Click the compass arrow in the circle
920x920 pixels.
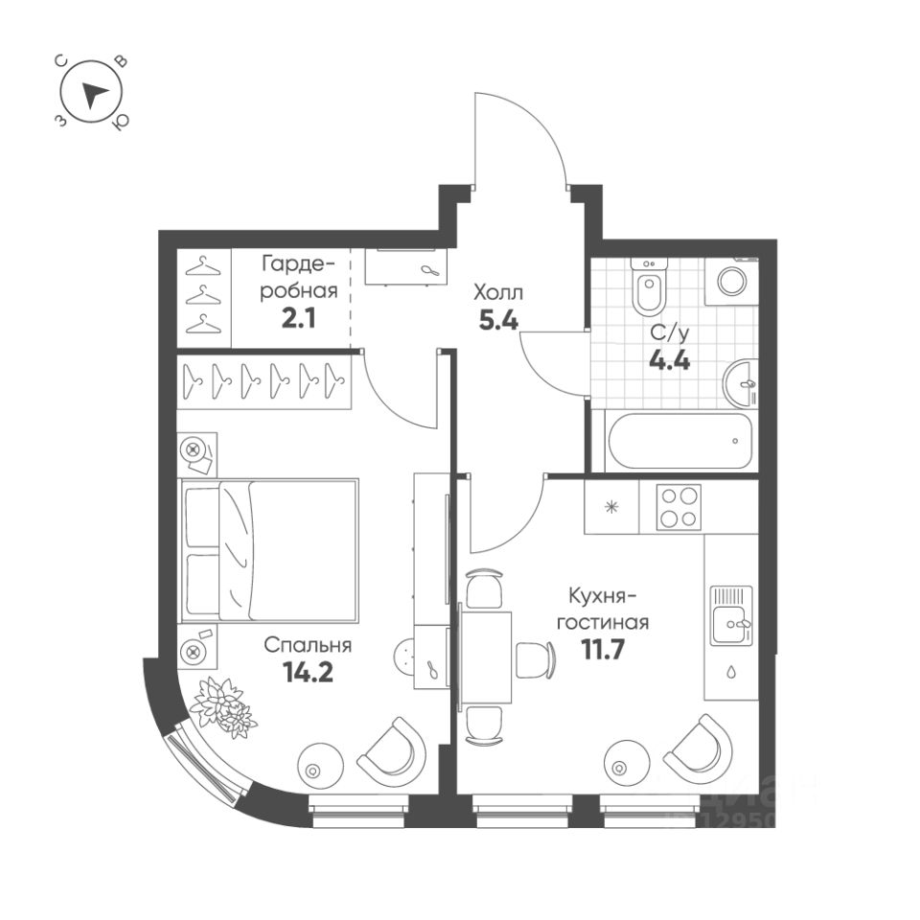pyautogui.click(x=94, y=95)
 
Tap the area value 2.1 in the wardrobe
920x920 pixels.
pyautogui.click(x=298, y=316)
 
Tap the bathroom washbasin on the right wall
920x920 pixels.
pyautogui.click(x=742, y=386)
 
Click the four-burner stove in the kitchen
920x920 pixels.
pyautogui.click(x=678, y=507)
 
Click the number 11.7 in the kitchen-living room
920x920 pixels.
pyautogui.click(x=604, y=651)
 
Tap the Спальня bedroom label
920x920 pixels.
pyautogui.click(x=309, y=645)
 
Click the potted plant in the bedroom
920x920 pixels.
pyautogui.click(x=223, y=707)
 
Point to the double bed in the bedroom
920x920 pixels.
pyautogui.click(x=269, y=549)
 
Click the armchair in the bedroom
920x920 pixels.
pyautogui.click(x=392, y=748)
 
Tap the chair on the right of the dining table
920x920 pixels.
pyautogui.click(x=536, y=659)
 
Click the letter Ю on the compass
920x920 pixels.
pyautogui.click(x=121, y=124)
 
